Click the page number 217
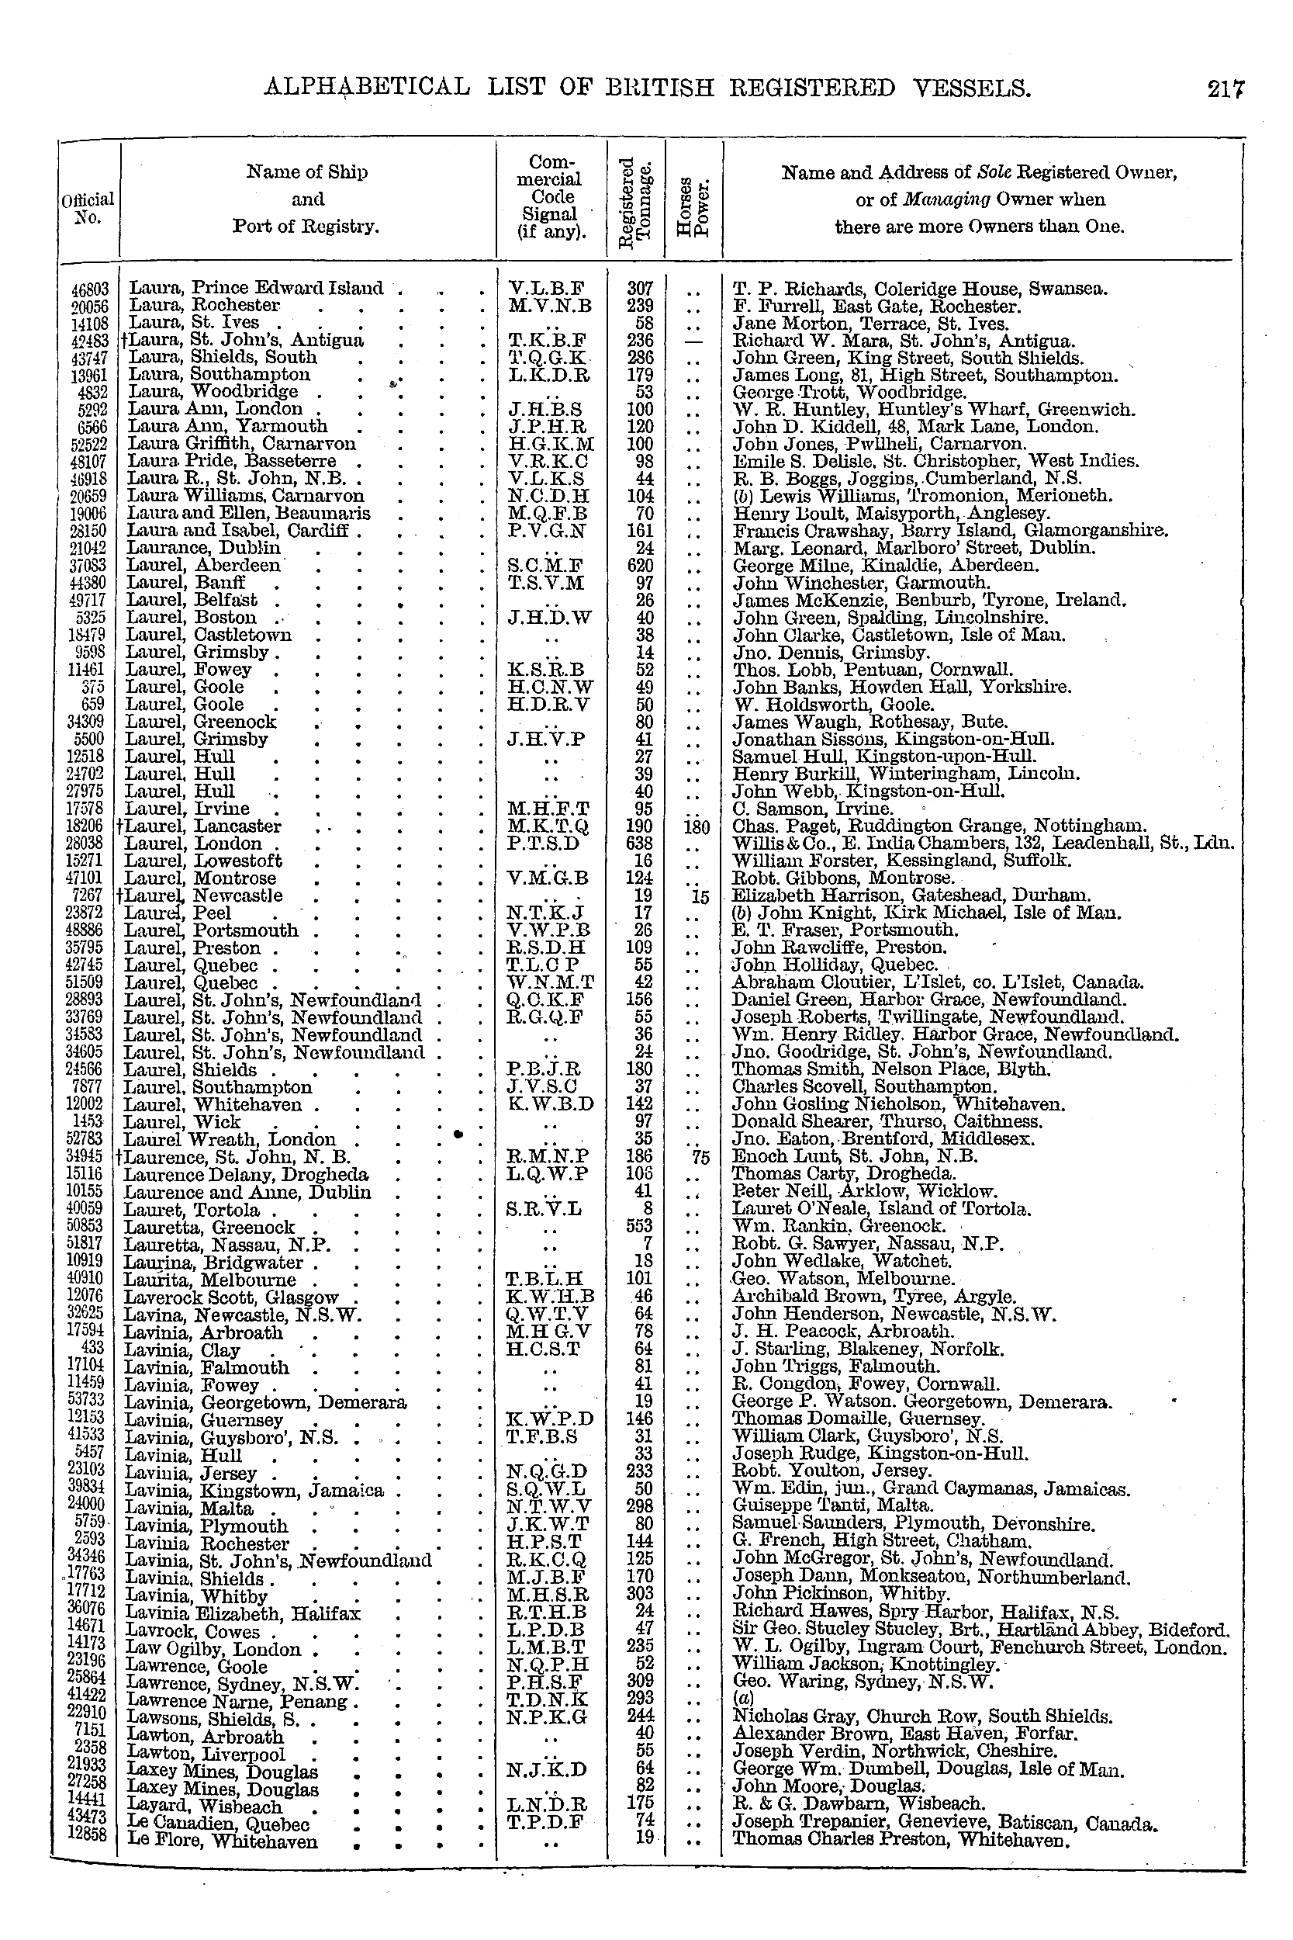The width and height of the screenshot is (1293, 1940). click(1226, 89)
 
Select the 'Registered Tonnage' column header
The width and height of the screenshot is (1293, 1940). click(636, 199)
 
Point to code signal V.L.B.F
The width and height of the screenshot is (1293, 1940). click(547, 289)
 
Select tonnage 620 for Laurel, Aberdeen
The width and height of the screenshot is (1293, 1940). click(640, 566)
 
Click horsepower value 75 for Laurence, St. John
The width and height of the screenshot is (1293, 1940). click(701, 1157)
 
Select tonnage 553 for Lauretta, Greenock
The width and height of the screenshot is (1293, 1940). click(640, 1227)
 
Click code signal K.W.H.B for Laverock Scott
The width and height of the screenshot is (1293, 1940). click(551, 1297)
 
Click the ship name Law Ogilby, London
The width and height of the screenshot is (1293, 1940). click(212, 1651)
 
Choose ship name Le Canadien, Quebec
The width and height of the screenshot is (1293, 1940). click(216, 1824)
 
